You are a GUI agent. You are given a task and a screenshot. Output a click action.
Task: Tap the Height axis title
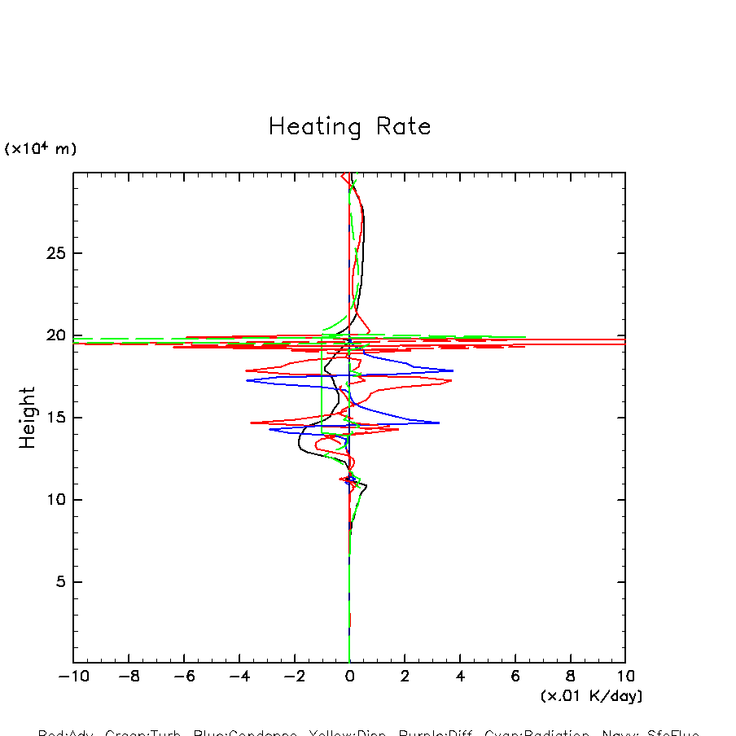(x=28, y=418)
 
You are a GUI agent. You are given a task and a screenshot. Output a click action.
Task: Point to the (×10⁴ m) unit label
(x=41, y=148)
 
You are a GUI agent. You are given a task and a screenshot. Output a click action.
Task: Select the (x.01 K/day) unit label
(x=592, y=696)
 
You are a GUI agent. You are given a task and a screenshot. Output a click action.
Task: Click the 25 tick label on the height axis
(x=53, y=253)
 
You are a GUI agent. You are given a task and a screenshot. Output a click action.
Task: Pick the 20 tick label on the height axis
(x=53, y=335)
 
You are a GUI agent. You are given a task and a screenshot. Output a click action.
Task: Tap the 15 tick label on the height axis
(x=53, y=418)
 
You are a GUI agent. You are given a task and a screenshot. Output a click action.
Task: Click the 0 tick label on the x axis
(x=349, y=677)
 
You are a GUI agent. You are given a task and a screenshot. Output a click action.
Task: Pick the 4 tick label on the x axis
(x=460, y=677)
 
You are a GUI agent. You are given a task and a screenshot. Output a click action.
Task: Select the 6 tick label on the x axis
(x=515, y=677)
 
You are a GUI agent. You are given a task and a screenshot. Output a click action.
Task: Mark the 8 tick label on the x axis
(x=570, y=677)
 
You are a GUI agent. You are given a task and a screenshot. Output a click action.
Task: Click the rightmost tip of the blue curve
(x=453, y=370)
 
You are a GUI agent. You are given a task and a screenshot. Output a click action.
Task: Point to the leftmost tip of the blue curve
(x=247, y=380)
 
